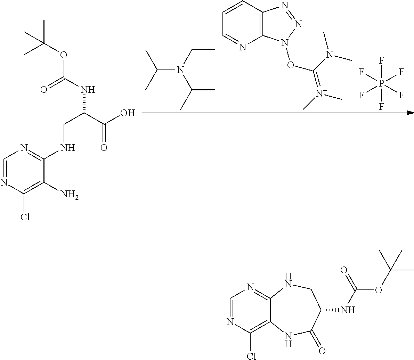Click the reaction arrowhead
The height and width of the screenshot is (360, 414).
click(410, 113)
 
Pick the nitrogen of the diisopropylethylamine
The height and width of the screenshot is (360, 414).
click(180, 71)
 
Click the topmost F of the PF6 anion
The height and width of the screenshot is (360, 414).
click(381, 60)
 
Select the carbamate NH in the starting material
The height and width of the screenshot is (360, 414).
click(88, 90)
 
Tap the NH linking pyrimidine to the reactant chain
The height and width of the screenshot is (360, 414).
click(67, 148)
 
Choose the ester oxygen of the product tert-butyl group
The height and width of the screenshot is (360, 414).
click(379, 290)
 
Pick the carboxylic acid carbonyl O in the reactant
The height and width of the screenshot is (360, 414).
click(103, 147)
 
